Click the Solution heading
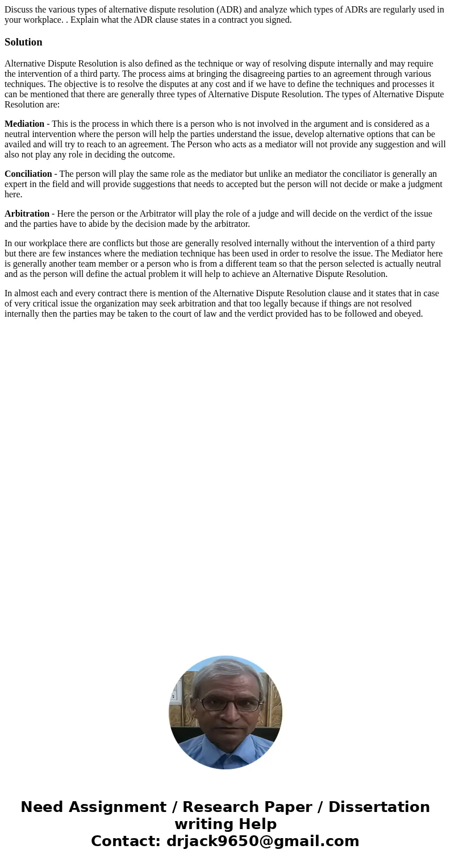tap(23, 42)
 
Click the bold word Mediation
tap(24, 124)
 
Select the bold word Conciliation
tap(28, 174)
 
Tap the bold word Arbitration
tap(27, 214)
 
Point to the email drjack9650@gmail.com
tap(262, 841)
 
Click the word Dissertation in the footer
tap(379, 807)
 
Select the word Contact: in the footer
tap(126, 841)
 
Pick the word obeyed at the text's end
tap(410, 314)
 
